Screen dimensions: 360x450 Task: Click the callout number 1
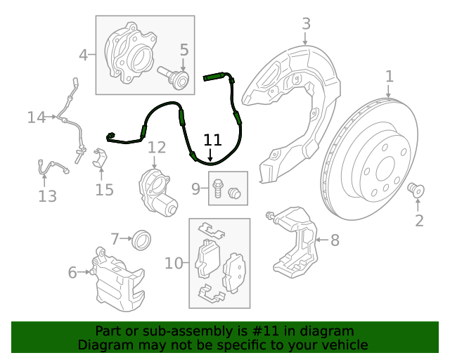pyautogui.click(x=389, y=76)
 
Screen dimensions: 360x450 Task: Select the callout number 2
pyautogui.click(x=419, y=221)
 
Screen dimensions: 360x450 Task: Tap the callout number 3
pyautogui.click(x=306, y=24)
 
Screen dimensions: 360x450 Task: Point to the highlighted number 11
pyautogui.click(x=212, y=139)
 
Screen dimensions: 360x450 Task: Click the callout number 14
pyautogui.click(x=36, y=117)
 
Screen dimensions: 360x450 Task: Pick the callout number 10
pyautogui.click(x=173, y=263)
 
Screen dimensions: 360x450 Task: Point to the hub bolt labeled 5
pyautogui.click(x=176, y=78)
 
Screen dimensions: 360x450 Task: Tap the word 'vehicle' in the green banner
pyautogui.click(x=344, y=345)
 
